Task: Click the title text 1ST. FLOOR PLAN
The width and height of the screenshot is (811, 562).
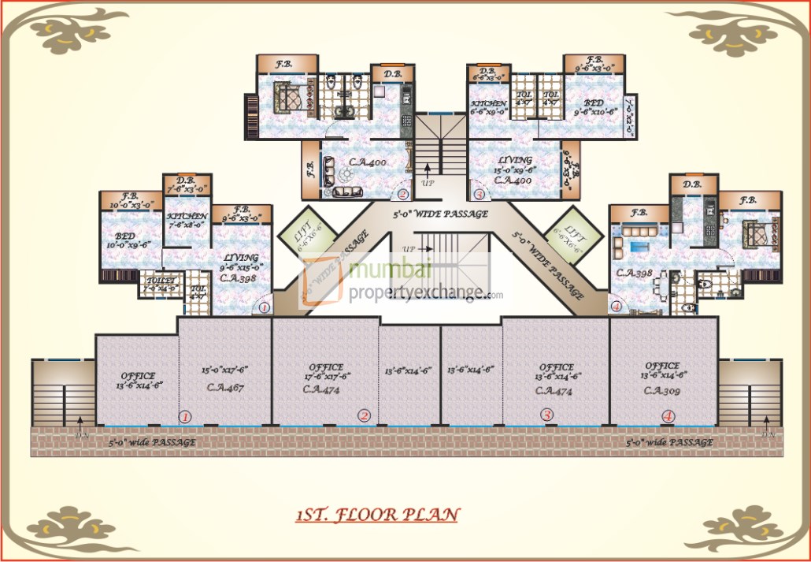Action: (x=377, y=515)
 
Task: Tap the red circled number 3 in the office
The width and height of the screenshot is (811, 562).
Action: (x=546, y=414)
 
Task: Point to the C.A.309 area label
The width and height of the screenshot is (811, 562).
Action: (x=661, y=390)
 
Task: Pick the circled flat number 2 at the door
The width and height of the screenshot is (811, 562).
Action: (x=402, y=194)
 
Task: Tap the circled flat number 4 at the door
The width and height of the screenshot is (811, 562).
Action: (x=615, y=307)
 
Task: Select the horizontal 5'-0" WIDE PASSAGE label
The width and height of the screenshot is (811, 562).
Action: (x=440, y=213)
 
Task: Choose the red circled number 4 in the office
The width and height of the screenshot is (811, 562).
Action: (x=668, y=415)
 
